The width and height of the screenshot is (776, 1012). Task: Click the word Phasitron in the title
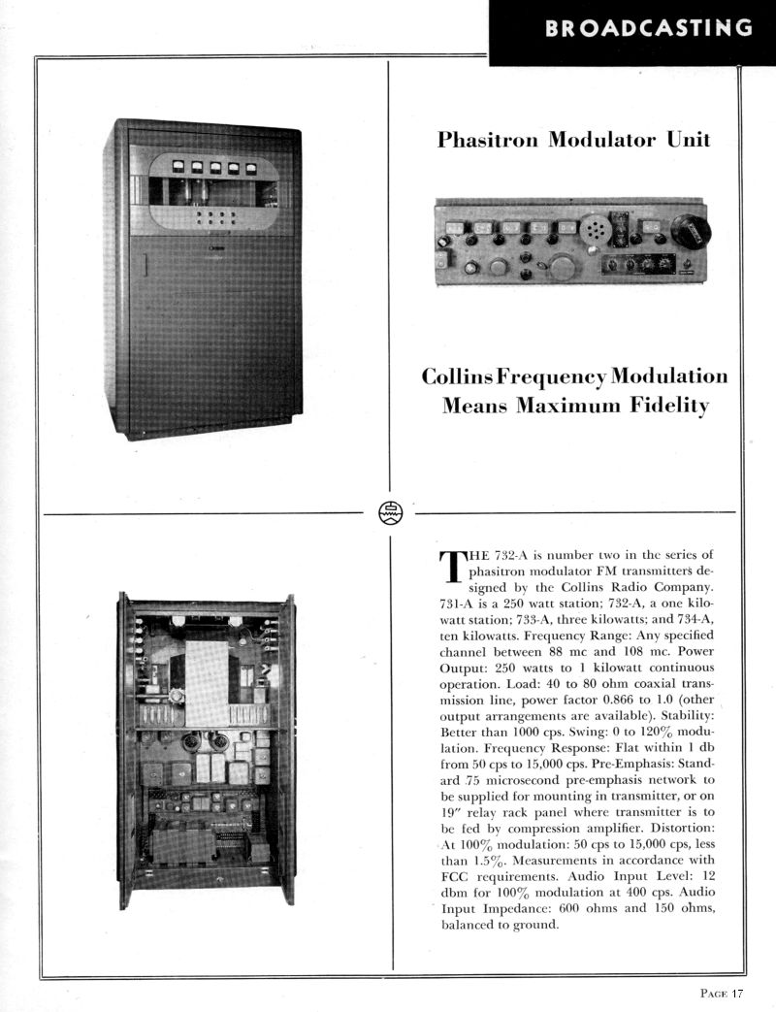point(488,140)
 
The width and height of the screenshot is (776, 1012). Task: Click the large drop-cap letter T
point(453,567)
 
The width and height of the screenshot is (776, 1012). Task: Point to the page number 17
point(737,992)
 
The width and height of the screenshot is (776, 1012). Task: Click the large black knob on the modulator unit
point(690,231)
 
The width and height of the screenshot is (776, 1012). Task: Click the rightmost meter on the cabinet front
point(251,168)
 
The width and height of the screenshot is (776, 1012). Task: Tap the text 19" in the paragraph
point(453,810)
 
